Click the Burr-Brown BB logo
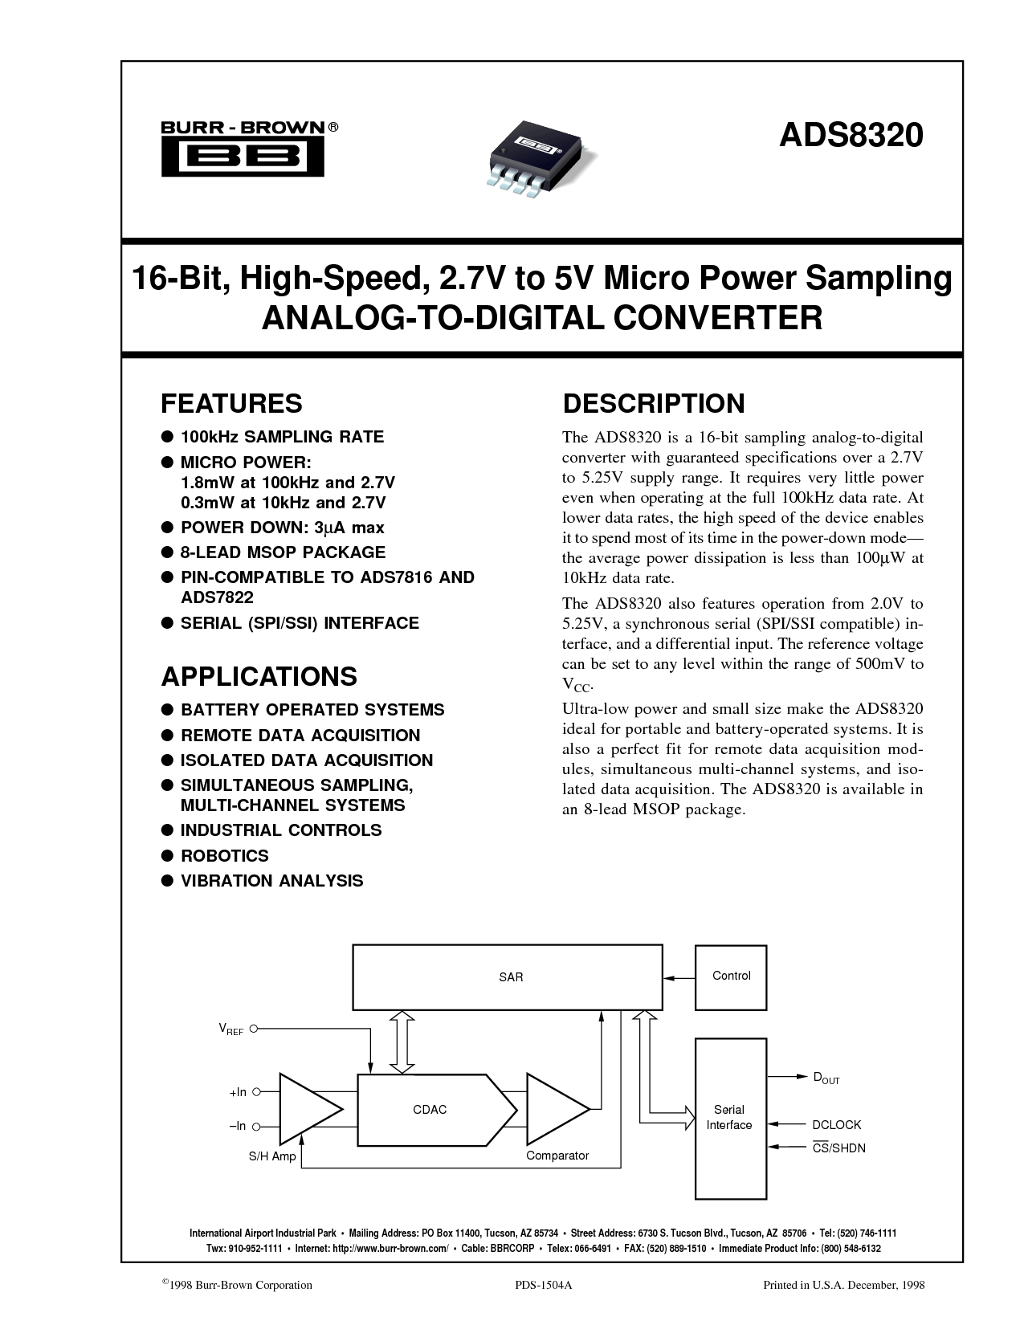click(243, 149)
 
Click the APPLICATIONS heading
click(259, 676)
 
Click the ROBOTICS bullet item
click(224, 855)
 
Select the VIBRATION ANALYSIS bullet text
click(271, 880)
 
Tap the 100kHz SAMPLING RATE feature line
click(282, 437)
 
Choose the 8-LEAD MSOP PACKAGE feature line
click(283, 552)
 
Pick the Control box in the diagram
click(731, 976)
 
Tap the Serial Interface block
click(729, 1117)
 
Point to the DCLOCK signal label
click(836, 1125)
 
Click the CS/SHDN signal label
click(838, 1148)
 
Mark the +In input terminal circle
click(255, 1092)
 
